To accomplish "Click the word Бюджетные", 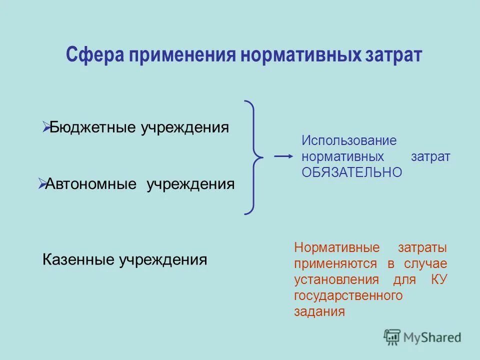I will (93, 127).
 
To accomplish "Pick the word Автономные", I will (91, 184).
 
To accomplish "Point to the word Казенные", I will (78, 260).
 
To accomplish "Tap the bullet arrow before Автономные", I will (41, 184).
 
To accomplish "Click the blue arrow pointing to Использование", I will (283, 156).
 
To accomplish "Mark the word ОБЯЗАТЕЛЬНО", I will (351, 172).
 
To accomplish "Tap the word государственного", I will (348, 295).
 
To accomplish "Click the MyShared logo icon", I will (392, 337).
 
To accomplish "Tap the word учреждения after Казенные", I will (162, 260).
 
